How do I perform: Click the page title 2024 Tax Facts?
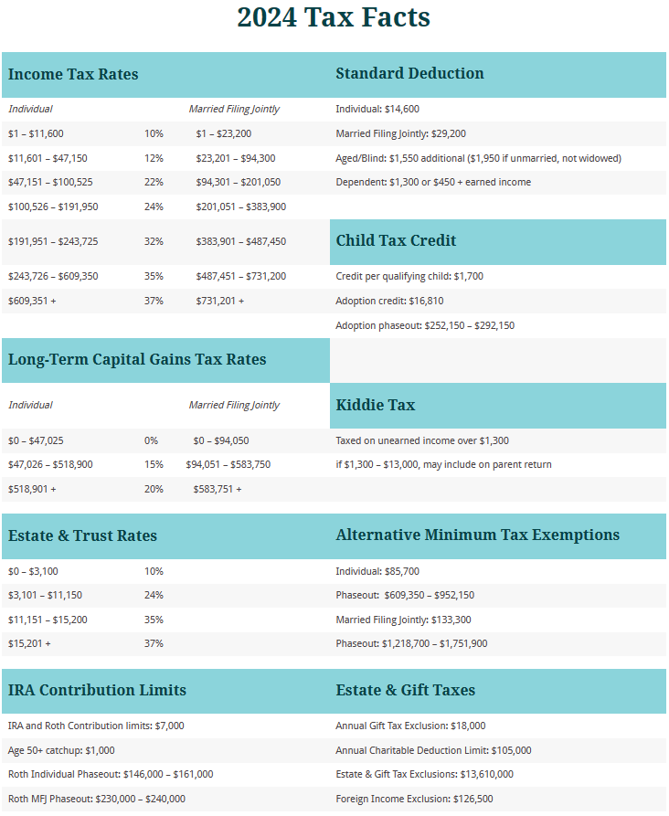(334, 17)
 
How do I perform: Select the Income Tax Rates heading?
(73, 74)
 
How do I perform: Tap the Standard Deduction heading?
(409, 74)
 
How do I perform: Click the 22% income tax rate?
(154, 182)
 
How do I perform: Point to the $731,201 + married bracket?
(219, 300)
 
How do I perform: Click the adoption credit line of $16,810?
(389, 300)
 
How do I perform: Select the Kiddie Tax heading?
(376, 404)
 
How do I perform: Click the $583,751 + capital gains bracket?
(217, 489)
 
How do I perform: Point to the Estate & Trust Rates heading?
(82, 535)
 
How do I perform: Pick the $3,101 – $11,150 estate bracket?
(45, 595)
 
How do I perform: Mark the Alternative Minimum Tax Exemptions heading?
(477, 535)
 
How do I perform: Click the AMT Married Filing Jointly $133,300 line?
(403, 620)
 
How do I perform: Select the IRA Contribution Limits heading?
(97, 690)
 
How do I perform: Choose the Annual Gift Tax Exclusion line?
(410, 726)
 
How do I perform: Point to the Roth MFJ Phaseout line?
(96, 799)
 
